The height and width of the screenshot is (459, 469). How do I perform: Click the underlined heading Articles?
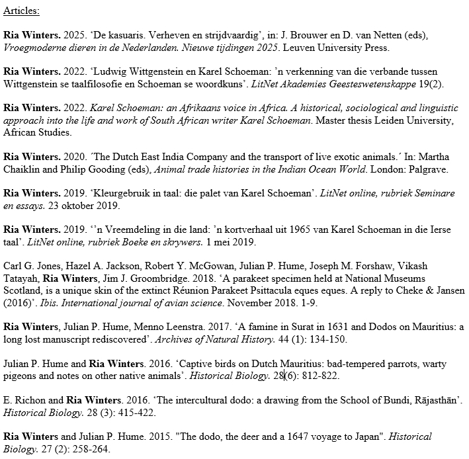tap(21, 11)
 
